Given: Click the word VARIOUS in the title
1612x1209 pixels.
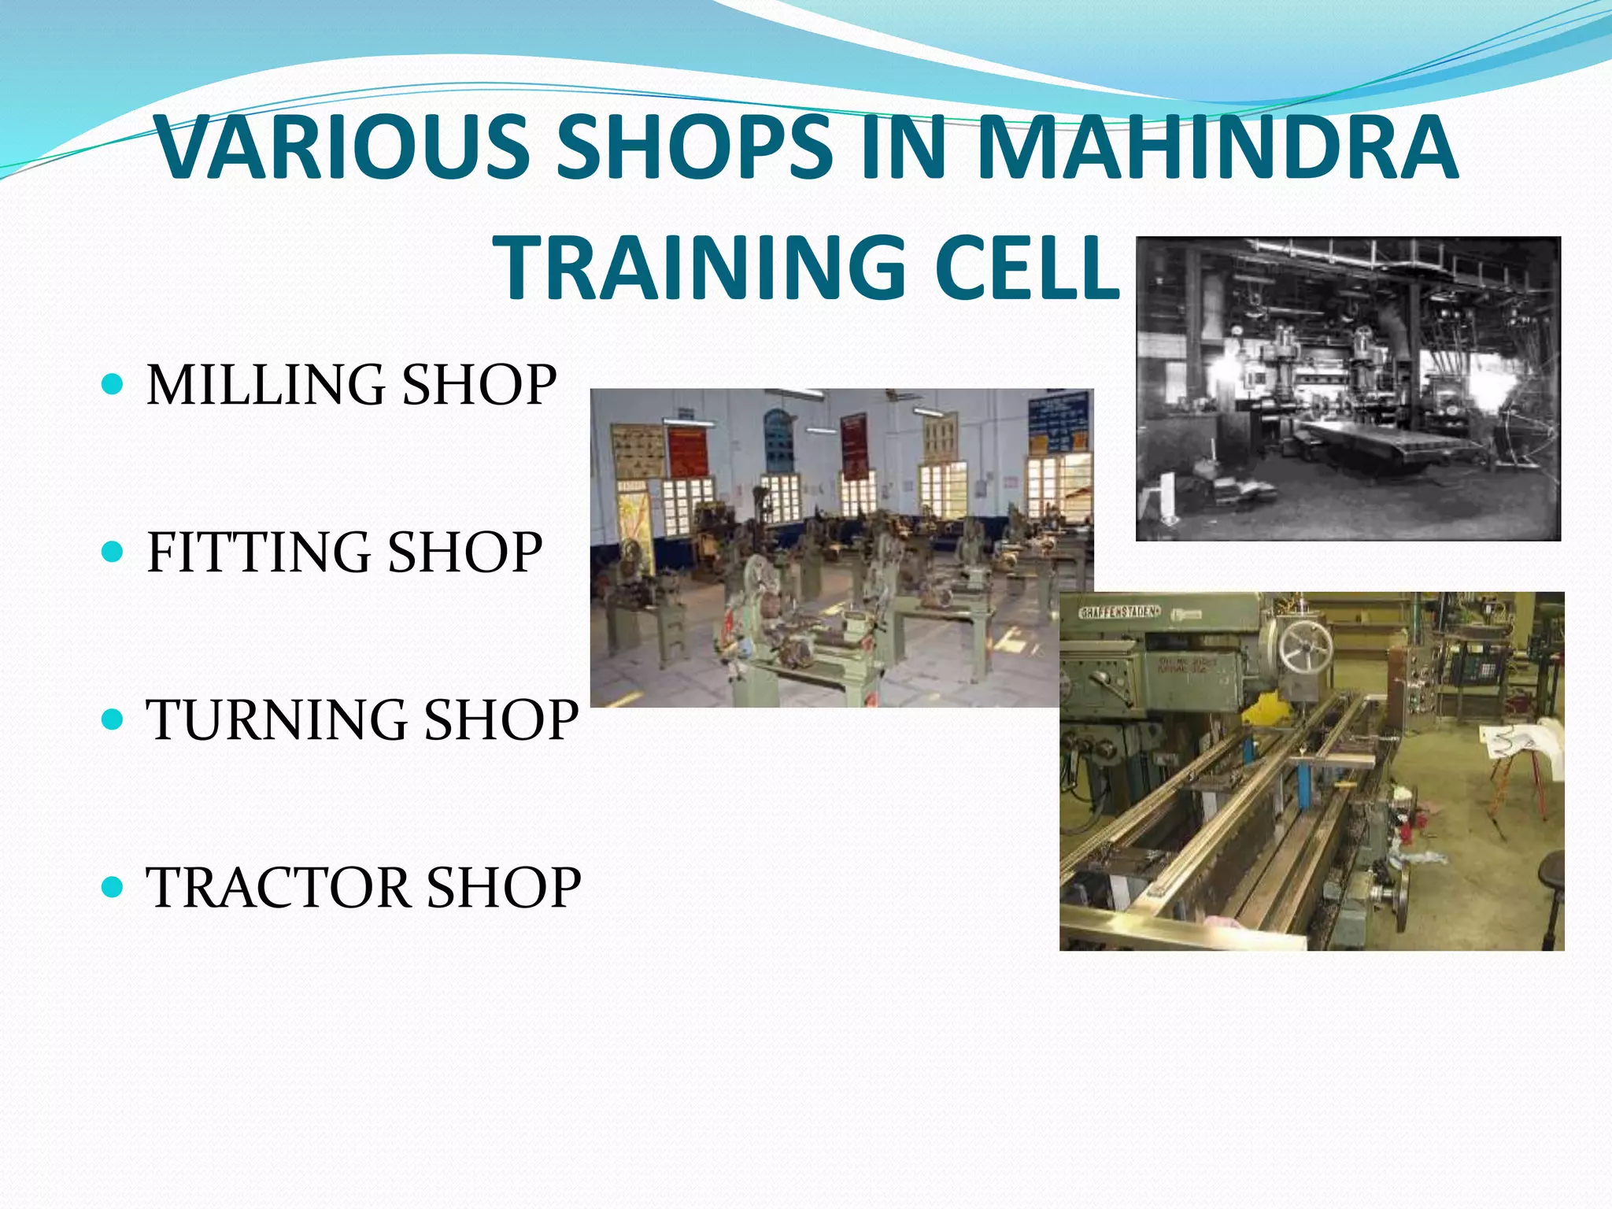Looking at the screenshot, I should pyautogui.click(x=342, y=148).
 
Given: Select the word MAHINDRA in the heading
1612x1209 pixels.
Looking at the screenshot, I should pyautogui.click(x=1218, y=148).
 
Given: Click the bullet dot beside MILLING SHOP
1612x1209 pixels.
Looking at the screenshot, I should pyautogui.click(x=113, y=385).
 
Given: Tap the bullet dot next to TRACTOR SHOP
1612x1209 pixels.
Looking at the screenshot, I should pyautogui.click(x=113, y=888).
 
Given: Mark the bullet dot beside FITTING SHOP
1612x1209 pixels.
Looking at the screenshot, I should pyautogui.click(x=113, y=552).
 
